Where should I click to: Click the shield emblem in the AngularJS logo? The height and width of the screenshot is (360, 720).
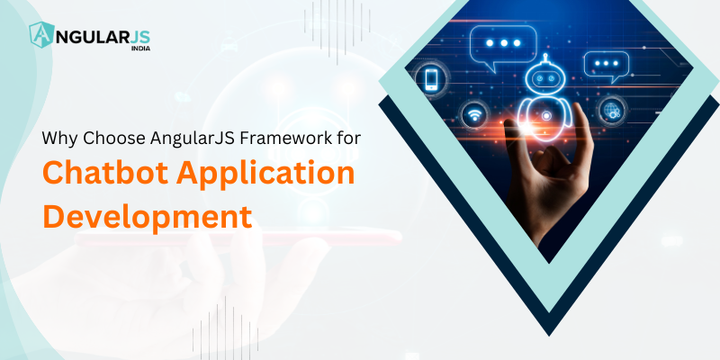click(x=41, y=35)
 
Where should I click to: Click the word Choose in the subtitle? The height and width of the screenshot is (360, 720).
click(x=103, y=138)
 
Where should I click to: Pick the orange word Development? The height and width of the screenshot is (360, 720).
click(x=148, y=216)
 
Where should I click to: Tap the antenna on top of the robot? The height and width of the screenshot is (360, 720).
click(x=545, y=58)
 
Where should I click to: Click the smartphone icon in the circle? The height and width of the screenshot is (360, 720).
click(x=431, y=79)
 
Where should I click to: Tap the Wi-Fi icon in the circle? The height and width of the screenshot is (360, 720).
click(x=474, y=114)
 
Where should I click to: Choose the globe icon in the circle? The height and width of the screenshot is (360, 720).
click(x=612, y=111)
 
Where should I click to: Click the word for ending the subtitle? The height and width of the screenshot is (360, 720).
click(x=347, y=138)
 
